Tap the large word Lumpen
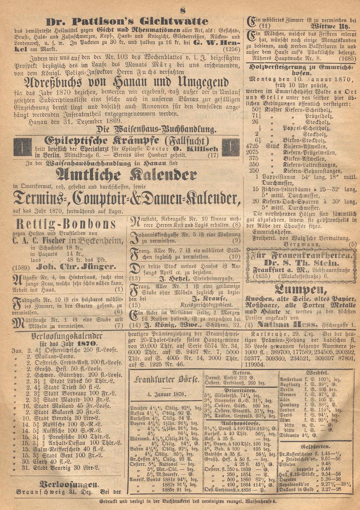(x=301, y=289)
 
